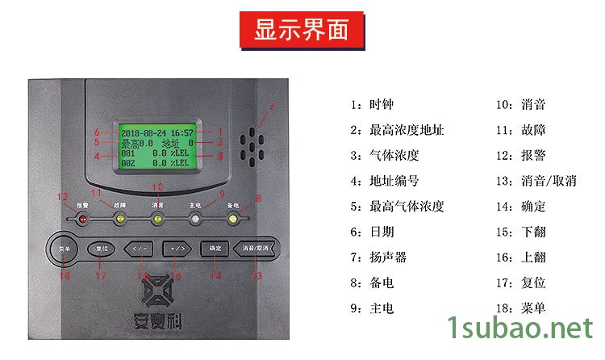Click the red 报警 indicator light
(x=82, y=219)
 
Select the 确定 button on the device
(x=215, y=249)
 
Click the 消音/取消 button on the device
(x=257, y=249)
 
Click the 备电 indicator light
(x=232, y=219)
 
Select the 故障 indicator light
(x=119, y=219)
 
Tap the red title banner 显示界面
(x=301, y=31)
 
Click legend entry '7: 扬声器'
(x=379, y=257)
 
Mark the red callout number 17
(x=101, y=276)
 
